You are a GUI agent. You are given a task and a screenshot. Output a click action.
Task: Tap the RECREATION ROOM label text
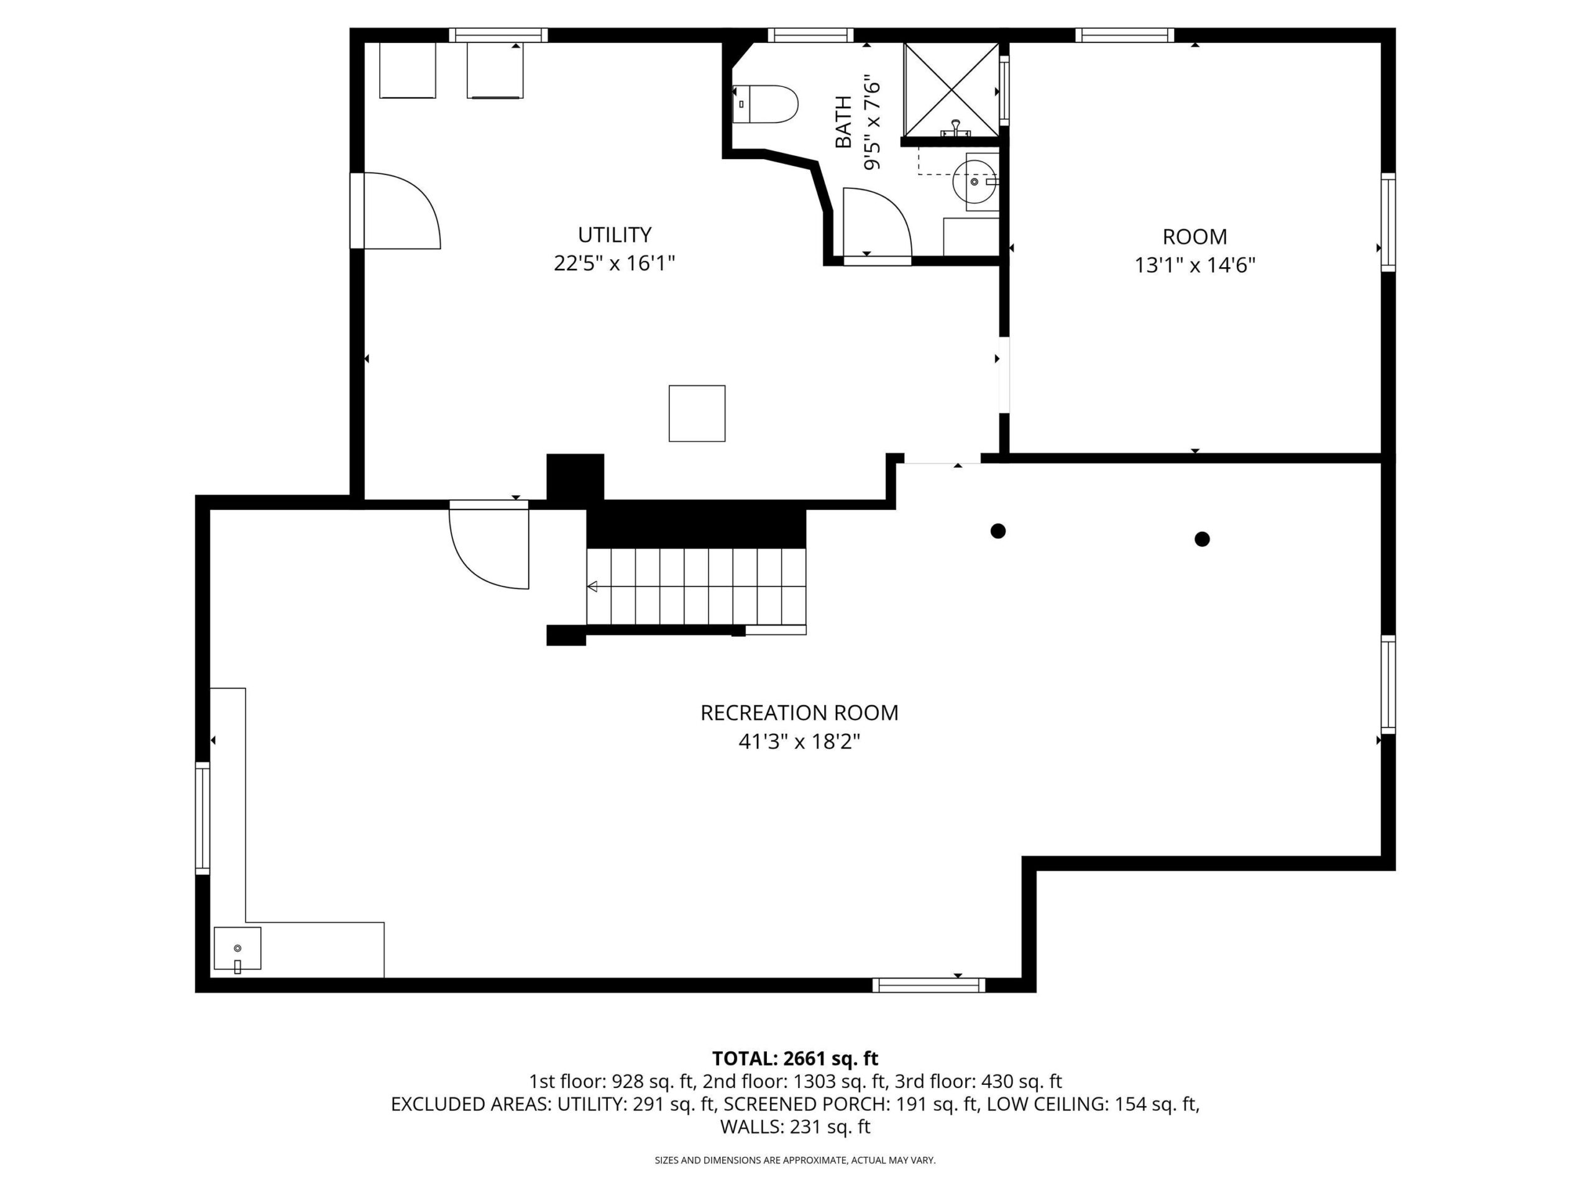tap(799, 713)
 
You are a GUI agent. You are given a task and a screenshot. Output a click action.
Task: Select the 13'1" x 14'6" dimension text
tap(1194, 265)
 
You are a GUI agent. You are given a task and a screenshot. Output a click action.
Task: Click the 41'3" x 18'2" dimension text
tap(799, 741)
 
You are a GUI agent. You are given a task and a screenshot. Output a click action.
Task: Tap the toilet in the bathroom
tap(765, 104)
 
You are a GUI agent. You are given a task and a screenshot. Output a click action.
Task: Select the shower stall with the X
tap(951, 89)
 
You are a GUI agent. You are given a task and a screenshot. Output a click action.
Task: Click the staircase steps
tap(696, 587)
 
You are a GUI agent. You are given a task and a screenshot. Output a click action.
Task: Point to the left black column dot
tap(997, 531)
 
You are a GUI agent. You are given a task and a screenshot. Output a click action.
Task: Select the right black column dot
tap(1202, 539)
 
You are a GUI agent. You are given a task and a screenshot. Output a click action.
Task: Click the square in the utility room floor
tap(697, 413)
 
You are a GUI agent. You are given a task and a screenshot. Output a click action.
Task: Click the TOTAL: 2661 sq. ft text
tap(795, 1059)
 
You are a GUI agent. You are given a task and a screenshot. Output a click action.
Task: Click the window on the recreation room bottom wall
tap(928, 985)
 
